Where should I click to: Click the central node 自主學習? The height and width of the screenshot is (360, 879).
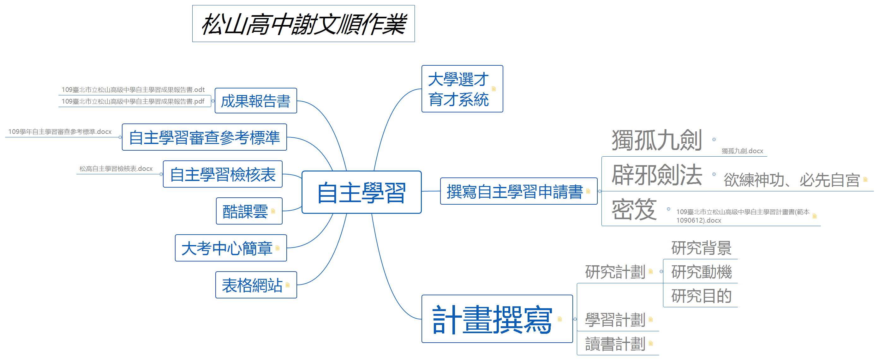362,192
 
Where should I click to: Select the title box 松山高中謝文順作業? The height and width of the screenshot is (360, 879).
303,24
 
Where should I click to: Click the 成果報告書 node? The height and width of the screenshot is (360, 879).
255,101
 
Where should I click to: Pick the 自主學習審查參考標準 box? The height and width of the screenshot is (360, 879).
204,137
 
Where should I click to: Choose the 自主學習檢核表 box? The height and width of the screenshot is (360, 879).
223,174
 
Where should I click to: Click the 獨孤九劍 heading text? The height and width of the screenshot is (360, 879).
656,140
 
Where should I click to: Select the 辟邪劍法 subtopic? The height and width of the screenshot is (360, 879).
657,175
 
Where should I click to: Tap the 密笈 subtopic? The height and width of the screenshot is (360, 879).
634,209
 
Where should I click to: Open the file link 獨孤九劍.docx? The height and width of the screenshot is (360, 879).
742,151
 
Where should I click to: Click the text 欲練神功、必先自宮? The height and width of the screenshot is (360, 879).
791,180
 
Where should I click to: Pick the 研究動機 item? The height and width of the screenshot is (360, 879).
701,272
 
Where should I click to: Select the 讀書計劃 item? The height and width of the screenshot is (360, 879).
615,344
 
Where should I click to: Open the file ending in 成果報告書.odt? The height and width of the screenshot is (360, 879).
133,90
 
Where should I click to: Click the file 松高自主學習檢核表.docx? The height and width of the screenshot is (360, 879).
116,169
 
